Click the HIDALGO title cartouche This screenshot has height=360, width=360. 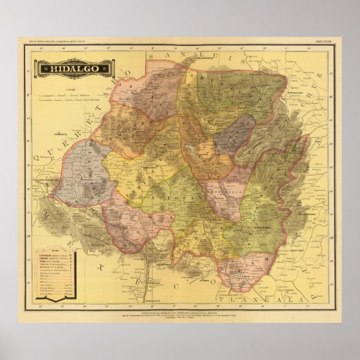click(75, 68)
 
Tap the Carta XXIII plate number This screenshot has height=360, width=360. click(323, 41)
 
